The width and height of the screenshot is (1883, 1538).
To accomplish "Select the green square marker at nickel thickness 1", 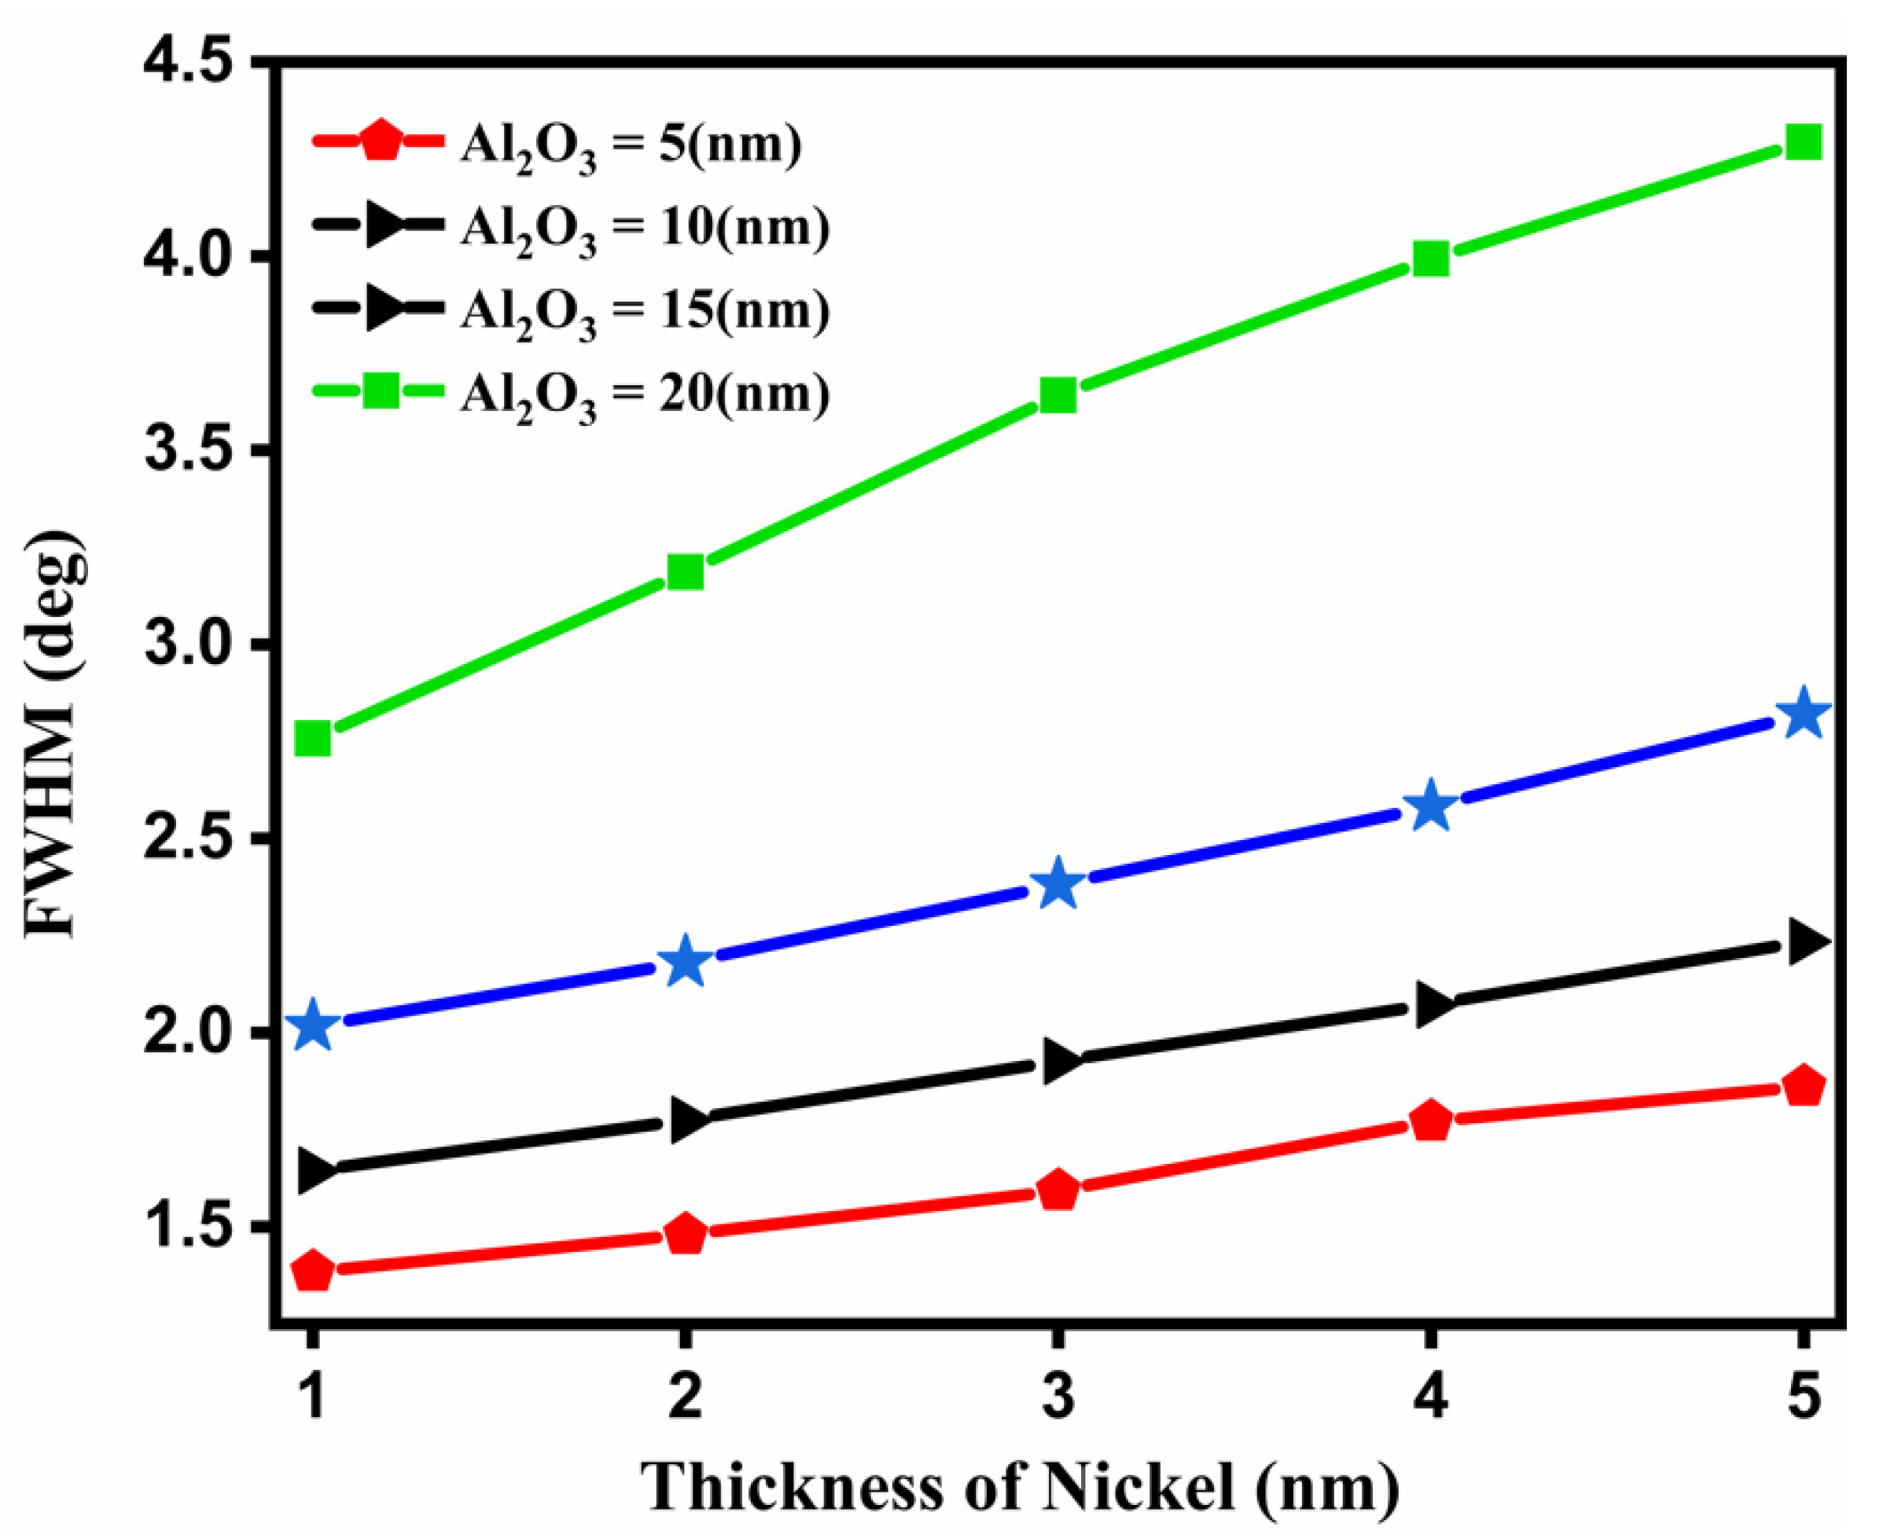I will pyautogui.click(x=312, y=737).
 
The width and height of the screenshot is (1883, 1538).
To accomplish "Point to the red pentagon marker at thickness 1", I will pyautogui.click(x=312, y=1272).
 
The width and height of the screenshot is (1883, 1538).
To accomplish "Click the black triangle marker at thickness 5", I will pyautogui.click(x=1804, y=941).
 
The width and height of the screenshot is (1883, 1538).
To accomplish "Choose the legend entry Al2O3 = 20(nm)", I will pyautogui.click(x=644, y=395).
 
